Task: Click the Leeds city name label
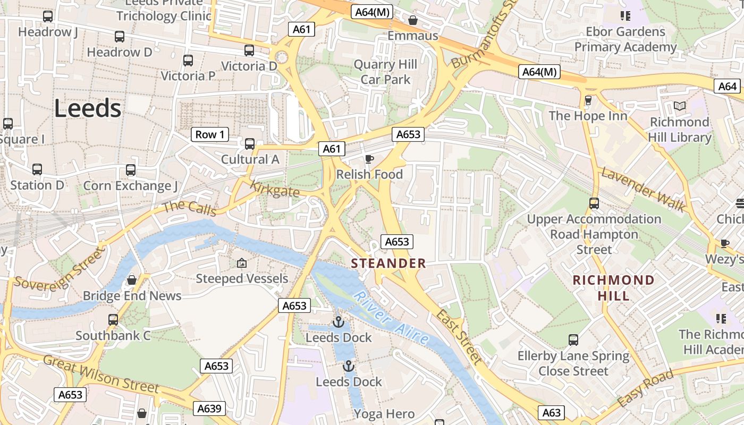click(88, 108)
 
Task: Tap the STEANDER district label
click(388, 263)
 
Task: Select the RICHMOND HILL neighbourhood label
click(613, 287)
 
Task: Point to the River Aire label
click(391, 318)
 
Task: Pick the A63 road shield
click(552, 413)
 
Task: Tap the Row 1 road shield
click(210, 134)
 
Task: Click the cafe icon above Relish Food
click(369, 159)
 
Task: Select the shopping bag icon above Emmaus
click(412, 20)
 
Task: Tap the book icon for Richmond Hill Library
click(679, 106)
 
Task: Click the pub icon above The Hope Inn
click(588, 100)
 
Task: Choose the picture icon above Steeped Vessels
click(242, 263)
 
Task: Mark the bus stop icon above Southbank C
click(113, 320)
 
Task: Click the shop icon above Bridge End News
click(132, 280)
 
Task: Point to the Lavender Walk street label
click(643, 190)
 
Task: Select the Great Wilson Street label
click(101, 375)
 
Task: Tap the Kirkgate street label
click(275, 189)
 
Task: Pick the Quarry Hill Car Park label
click(385, 72)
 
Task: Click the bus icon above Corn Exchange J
click(130, 170)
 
